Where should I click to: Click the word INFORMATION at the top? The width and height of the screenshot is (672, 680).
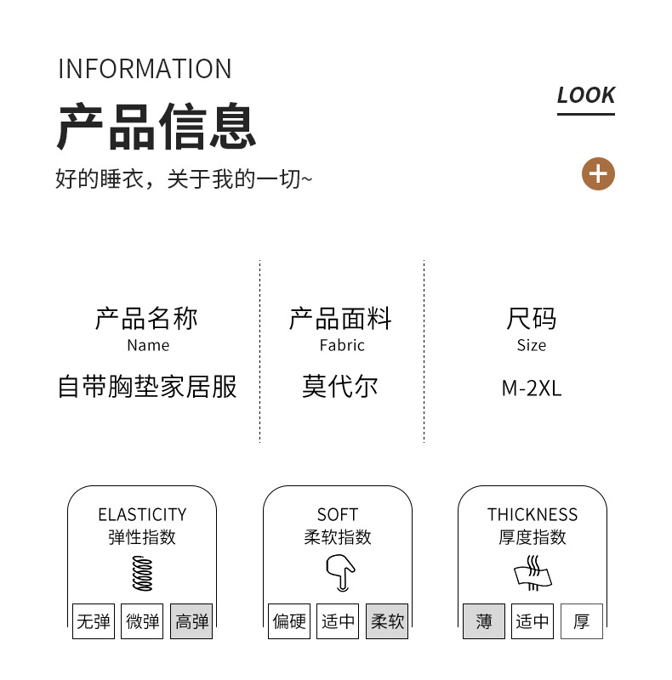click(145, 69)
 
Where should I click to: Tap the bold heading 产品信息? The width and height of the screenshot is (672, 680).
click(157, 127)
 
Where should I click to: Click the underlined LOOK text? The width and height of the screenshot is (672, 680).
click(586, 96)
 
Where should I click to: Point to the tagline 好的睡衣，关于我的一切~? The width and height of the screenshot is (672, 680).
click(184, 179)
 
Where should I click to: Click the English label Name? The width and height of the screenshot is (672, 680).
click(148, 345)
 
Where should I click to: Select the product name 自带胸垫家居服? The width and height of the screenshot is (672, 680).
click(147, 387)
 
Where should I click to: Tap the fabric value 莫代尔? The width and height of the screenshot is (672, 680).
click(339, 387)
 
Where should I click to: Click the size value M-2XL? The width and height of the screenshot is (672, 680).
click(532, 388)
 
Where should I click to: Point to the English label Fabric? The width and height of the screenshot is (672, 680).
click(342, 345)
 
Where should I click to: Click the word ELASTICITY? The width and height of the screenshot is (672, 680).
click(142, 514)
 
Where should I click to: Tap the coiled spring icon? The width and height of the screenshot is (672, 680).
click(141, 573)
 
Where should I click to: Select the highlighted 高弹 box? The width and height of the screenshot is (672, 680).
click(191, 621)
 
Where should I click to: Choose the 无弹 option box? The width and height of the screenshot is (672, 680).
click(94, 621)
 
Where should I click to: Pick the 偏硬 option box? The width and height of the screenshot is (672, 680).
click(289, 621)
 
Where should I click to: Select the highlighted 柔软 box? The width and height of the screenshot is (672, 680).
click(387, 621)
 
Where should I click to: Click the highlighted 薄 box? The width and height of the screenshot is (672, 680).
click(484, 621)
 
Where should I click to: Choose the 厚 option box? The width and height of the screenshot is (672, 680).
click(582, 621)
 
